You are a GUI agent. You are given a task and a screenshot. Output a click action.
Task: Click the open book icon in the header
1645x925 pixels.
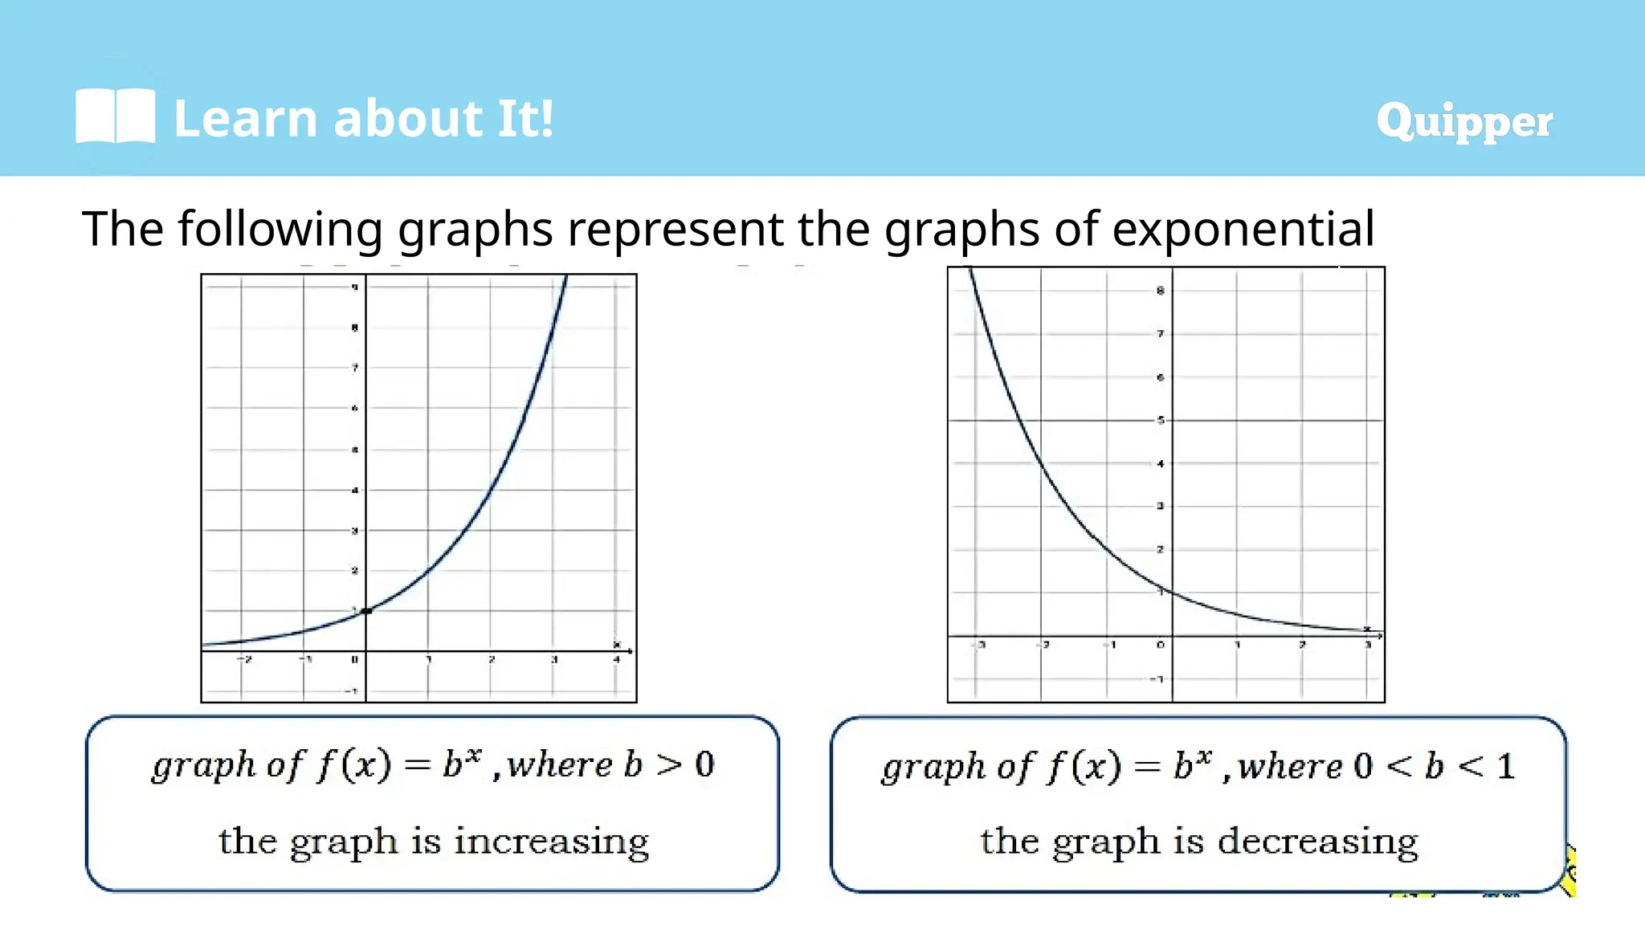tap(115, 117)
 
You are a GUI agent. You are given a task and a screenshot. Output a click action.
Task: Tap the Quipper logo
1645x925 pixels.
tap(1463, 122)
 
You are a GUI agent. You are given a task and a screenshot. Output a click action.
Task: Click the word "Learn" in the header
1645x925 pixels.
tap(246, 119)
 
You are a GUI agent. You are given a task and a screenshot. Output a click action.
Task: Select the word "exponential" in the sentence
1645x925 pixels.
tap(1243, 229)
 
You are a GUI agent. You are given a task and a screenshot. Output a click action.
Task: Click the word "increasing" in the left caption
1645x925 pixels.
tap(551, 842)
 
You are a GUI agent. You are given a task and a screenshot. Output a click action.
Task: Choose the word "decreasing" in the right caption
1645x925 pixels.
tap(1317, 842)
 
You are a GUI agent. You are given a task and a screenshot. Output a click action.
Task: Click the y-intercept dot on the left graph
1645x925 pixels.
tap(366, 612)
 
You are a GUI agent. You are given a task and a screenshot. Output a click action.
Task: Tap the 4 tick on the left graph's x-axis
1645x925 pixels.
tap(616, 660)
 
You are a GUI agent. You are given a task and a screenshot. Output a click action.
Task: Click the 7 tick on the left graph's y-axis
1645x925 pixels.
tap(354, 369)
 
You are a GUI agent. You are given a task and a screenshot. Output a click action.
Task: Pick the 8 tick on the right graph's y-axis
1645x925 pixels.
tap(1160, 291)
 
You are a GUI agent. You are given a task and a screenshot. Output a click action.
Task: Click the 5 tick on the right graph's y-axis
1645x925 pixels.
tap(1160, 420)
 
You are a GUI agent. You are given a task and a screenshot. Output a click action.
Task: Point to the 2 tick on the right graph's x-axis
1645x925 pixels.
tap(1302, 645)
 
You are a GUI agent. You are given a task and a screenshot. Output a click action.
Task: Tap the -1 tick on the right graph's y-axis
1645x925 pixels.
tap(1157, 679)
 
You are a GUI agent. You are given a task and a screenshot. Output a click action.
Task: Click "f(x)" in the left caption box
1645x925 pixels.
tap(353, 764)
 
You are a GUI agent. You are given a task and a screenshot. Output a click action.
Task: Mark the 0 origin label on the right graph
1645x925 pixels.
tap(1161, 645)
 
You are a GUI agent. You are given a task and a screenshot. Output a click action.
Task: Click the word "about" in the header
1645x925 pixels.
tap(407, 119)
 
